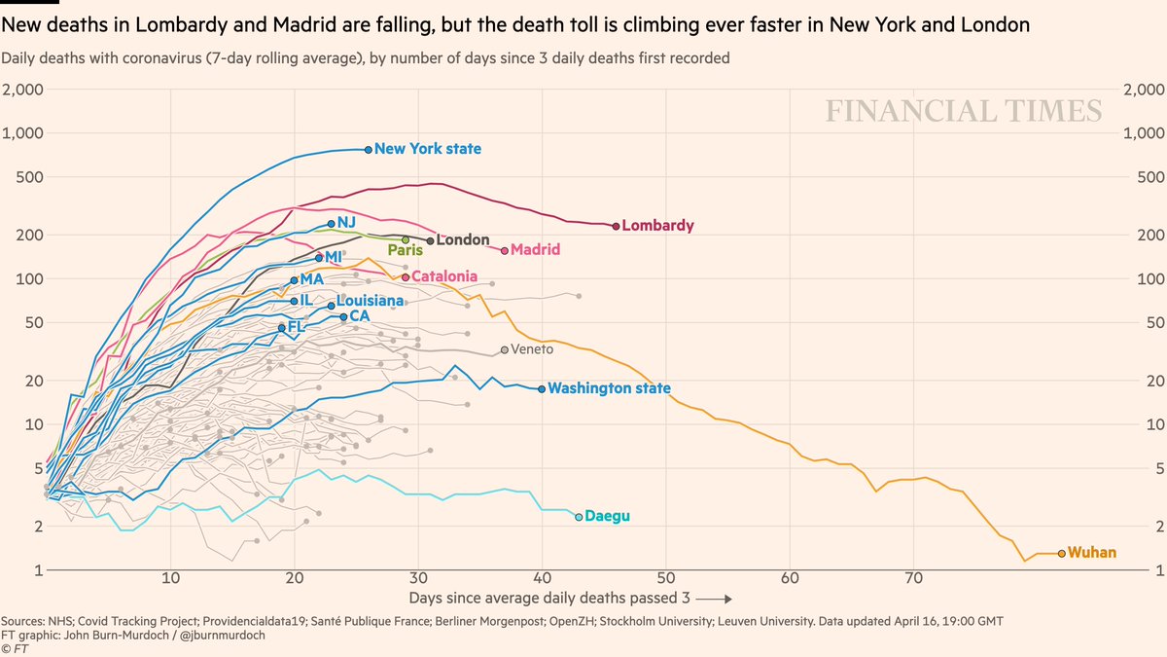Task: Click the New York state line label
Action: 427,149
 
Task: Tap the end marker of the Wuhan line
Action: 1061,553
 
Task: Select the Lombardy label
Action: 657,226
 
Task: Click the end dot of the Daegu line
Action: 579,517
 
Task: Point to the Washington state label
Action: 609,388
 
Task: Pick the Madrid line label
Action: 535,250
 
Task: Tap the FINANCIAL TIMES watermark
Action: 964,111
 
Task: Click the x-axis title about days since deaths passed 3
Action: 569,597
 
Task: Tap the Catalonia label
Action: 444,276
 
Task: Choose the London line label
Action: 463,239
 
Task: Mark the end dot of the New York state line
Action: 368,149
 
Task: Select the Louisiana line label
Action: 370,302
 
